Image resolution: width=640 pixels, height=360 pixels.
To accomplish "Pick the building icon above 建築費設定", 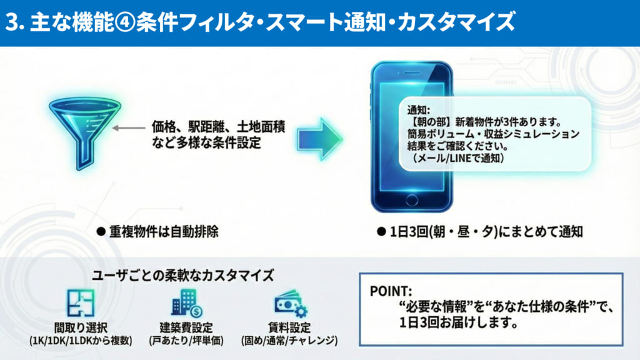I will (186, 304).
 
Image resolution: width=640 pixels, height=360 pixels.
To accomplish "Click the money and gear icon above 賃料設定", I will (289, 304).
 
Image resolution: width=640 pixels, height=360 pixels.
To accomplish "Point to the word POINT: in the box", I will (391, 291).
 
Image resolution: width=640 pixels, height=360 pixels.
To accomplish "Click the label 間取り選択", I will (80, 327).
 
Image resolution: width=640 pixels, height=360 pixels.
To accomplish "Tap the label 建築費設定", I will (186, 327).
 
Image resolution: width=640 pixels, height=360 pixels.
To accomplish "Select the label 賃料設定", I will (289, 327).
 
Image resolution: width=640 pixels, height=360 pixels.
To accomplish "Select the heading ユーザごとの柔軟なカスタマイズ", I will (182, 275).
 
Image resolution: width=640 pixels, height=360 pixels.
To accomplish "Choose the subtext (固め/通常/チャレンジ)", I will (289, 341).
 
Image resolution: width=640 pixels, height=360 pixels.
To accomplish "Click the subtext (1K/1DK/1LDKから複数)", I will (80, 341).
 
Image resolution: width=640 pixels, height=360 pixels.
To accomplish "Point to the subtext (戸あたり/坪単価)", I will (186, 341).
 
